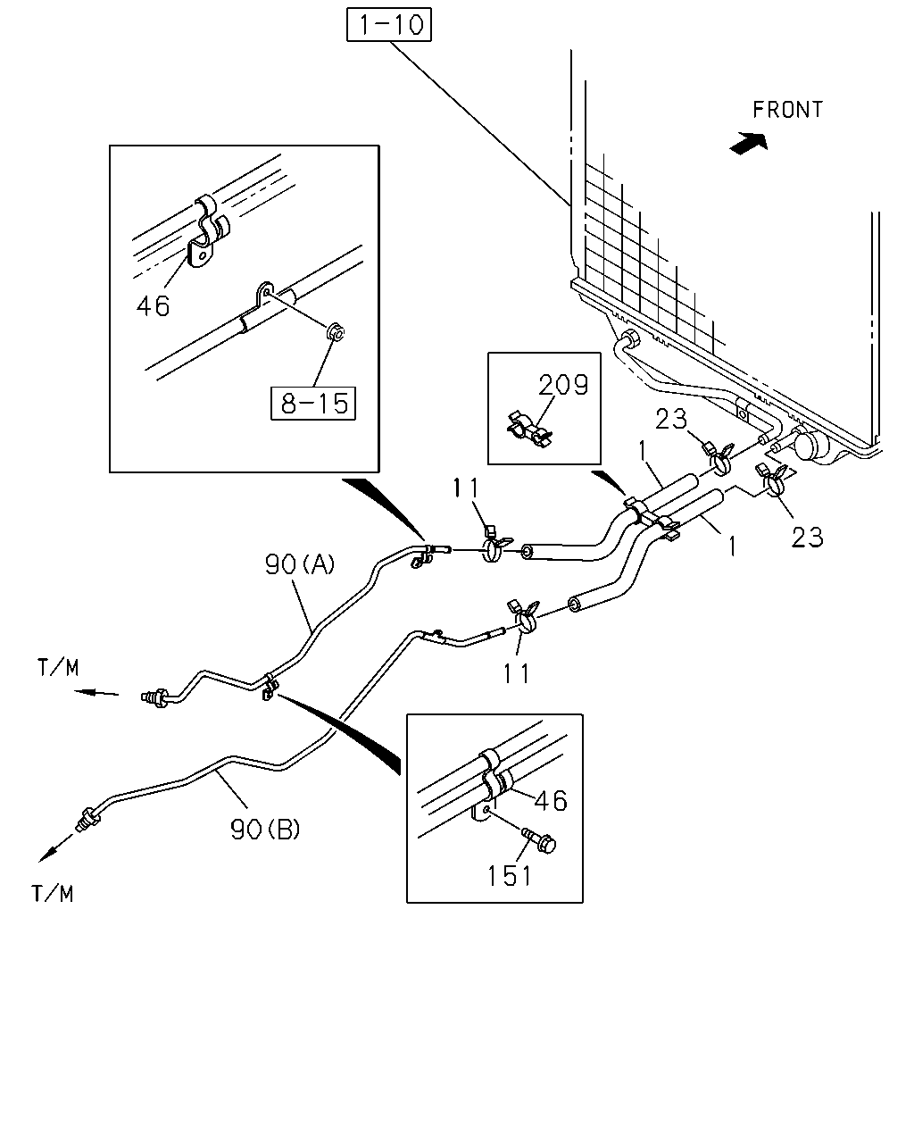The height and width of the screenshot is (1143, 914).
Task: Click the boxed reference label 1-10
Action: click(389, 24)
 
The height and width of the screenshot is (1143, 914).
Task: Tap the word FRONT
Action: click(787, 110)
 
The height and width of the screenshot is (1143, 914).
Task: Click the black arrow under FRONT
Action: click(750, 144)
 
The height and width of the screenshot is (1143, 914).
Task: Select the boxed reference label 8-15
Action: click(313, 403)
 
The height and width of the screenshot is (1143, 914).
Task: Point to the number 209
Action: click(563, 385)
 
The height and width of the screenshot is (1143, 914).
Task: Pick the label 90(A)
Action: click(300, 563)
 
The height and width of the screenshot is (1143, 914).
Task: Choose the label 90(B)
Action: click(265, 829)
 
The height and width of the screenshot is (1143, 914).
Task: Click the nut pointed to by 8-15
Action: click(335, 332)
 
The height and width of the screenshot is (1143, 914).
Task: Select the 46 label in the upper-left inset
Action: click(153, 306)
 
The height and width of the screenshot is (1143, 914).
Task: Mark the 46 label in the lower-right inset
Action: click(551, 800)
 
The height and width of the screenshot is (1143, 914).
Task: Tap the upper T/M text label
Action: click(58, 668)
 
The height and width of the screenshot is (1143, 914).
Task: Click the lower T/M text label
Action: click(53, 894)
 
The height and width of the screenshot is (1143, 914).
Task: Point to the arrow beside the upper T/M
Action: click(96, 693)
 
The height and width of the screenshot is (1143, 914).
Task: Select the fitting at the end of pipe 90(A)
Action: click(154, 697)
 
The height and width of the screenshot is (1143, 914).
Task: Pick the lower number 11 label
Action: click(516, 673)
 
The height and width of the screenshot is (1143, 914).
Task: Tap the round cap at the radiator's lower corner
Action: click(812, 444)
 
